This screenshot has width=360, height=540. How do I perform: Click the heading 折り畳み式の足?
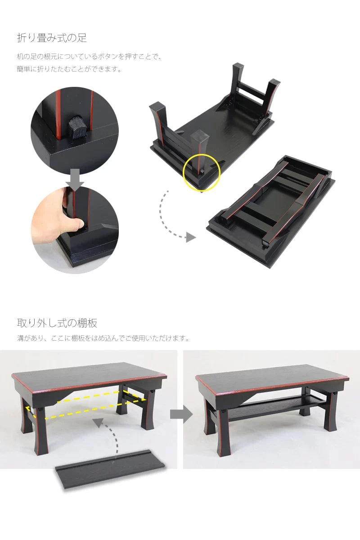pos(52,38)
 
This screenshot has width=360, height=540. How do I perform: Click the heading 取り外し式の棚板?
pos(57,323)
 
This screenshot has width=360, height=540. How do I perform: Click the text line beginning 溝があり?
pos(103,338)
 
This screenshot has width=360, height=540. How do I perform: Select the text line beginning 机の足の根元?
pos(89,57)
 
